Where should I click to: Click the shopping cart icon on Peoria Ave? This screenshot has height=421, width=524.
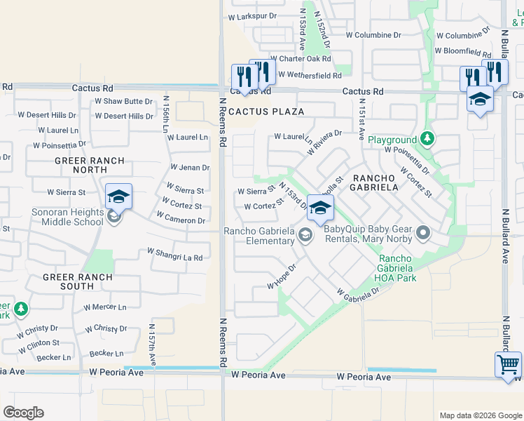pos(508,364)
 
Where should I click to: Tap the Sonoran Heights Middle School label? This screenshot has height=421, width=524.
pos(69,217)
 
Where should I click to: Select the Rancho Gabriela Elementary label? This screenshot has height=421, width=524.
pos(258,236)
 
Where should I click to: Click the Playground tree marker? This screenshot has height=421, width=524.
pos(427,140)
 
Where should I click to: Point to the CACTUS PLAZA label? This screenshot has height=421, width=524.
pos(266,112)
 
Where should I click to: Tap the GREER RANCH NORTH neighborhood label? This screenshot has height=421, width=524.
pos(90,166)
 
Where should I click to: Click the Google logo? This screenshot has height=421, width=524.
pos(23,413)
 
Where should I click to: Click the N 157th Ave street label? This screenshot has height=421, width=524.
pos(152,344)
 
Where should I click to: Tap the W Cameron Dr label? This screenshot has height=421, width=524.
pos(182,220)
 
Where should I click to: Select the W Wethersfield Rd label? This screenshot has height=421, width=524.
pos(308,75)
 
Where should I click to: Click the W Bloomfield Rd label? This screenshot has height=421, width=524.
pos(462,51)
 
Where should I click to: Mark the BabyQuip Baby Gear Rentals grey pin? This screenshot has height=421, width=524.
pos(422,232)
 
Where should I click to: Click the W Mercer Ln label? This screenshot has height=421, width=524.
pos(104,307)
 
